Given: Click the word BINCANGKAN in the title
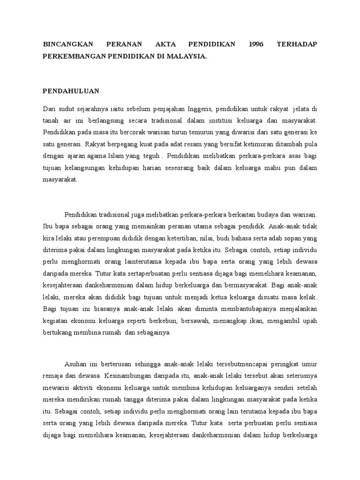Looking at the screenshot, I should click(67, 44).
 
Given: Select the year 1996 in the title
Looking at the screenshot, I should click(256, 44).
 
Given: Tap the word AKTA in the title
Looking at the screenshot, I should click(163, 44).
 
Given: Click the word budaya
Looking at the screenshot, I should click(271, 214).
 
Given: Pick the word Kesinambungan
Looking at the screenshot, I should click(124, 375).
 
